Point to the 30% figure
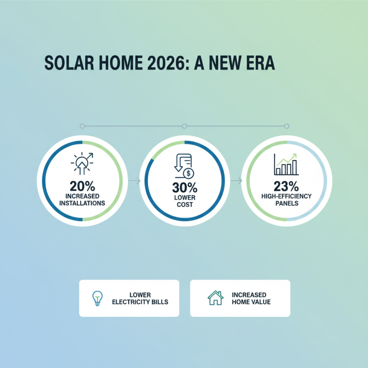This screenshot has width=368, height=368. point(184,187)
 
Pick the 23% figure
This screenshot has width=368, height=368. point(287,186)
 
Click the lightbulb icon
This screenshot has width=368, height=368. point(97,298)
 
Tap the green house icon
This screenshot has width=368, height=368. point(215,298)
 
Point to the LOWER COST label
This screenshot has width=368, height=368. point(184,200)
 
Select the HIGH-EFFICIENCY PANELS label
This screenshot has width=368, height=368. point(287,199)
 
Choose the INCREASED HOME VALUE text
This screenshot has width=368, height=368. point(251,298)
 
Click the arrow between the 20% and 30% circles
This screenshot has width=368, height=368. point(133,181)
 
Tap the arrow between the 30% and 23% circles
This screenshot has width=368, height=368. point(236,181)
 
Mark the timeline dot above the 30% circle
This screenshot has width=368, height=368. point(184,126)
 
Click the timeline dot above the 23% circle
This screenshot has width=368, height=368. point(287,126)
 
